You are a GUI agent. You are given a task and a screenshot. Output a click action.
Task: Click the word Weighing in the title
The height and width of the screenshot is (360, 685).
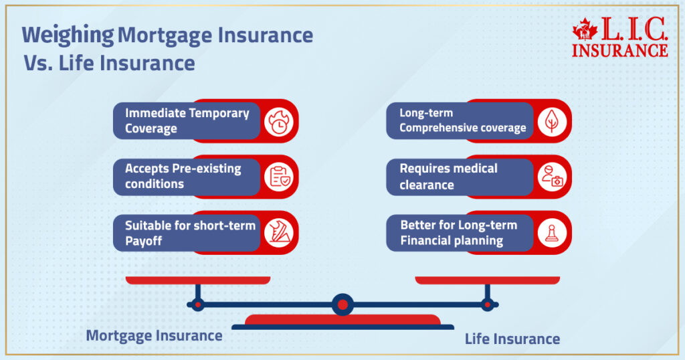point(68,35)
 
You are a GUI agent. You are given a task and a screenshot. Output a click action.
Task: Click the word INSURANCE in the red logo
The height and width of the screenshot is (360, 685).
point(620,50)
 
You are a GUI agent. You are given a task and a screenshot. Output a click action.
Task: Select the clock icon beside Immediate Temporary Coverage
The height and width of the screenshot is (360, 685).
point(278,121)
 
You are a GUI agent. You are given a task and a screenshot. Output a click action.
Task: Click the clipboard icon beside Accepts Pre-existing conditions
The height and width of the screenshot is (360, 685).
point(278,177)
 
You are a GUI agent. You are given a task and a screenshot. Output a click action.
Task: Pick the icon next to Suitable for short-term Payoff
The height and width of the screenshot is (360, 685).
point(278,232)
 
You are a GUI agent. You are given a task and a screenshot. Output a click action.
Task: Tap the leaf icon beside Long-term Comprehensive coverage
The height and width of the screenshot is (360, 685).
point(552,121)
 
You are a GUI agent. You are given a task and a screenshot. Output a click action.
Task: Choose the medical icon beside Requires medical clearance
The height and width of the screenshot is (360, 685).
point(552,177)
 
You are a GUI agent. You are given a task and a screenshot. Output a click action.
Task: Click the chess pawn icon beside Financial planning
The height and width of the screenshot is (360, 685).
point(552,232)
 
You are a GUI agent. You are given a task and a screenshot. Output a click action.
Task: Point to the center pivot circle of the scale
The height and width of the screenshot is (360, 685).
point(342,305)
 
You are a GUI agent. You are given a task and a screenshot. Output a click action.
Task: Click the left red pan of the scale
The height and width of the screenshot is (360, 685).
point(197,280)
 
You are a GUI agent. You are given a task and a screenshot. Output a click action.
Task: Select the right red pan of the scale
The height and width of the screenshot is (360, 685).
point(487,280)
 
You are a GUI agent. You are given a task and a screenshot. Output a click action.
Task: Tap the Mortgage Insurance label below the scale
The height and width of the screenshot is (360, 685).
point(154,335)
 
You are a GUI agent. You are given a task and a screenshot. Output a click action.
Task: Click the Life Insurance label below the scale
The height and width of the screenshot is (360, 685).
point(512,339)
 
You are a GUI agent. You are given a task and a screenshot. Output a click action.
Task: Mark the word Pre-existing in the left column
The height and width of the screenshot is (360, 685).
point(207,169)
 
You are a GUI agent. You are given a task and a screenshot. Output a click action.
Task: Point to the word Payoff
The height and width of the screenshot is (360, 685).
point(143,240)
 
